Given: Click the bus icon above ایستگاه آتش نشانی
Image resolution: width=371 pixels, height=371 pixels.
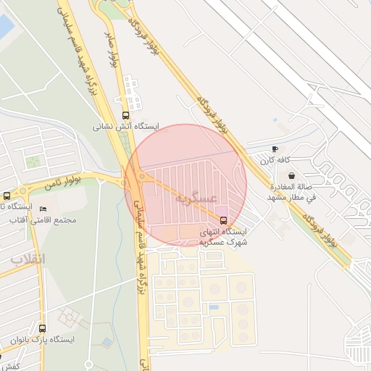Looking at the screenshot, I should (x=125, y=115).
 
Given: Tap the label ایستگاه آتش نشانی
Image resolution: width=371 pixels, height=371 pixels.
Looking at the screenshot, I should (x=125, y=126).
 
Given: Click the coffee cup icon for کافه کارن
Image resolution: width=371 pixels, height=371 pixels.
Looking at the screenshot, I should (x=275, y=149).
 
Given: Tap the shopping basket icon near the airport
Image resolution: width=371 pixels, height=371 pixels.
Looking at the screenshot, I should (x=291, y=175).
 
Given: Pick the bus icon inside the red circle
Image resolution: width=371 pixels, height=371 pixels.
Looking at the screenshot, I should (x=222, y=220).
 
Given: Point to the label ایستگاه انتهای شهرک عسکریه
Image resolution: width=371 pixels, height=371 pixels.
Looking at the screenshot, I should (x=224, y=236).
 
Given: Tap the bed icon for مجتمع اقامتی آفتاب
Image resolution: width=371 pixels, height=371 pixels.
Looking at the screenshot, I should (x=43, y=209).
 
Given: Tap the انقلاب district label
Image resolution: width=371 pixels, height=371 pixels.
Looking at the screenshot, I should (x=28, y=259).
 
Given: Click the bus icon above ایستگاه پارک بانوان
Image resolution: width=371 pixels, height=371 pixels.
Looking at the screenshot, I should (x=41, y=328).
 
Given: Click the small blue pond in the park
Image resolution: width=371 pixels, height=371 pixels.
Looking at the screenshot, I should (x=107, y=341).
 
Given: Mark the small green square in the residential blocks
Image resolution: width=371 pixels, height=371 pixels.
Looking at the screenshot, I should (x=32, y=161).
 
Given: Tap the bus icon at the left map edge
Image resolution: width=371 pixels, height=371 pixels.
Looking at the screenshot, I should (x=7, y=196).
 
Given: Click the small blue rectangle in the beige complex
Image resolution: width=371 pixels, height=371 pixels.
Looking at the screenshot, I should (x=214, y=307).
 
